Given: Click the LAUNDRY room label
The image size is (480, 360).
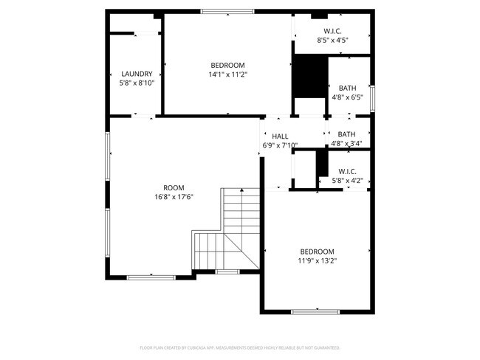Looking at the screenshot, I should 137,74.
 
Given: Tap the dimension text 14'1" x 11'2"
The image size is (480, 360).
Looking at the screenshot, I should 228,74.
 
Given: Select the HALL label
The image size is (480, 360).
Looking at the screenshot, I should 280,136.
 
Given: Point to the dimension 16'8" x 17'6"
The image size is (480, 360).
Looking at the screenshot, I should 174,197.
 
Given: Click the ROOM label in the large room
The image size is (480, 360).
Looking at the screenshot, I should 174,187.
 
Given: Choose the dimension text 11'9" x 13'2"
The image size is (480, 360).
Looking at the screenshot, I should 318,260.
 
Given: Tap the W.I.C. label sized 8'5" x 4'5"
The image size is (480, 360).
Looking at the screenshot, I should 332,31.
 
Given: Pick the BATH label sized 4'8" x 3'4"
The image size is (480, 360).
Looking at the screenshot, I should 347,134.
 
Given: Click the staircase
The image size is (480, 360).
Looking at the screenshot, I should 236,229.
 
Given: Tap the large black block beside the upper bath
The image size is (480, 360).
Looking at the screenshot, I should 310,77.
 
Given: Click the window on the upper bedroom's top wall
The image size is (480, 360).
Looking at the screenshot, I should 227,12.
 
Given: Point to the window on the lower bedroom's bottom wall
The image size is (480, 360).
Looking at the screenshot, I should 315,312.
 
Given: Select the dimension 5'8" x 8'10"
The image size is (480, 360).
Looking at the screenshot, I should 137,83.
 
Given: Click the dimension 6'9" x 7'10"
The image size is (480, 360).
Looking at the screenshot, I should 280,145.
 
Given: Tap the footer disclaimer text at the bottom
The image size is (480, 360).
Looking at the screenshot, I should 240,347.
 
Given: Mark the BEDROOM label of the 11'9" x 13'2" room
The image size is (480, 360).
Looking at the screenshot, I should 318,251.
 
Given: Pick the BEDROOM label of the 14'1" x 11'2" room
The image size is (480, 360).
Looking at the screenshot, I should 228,65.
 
